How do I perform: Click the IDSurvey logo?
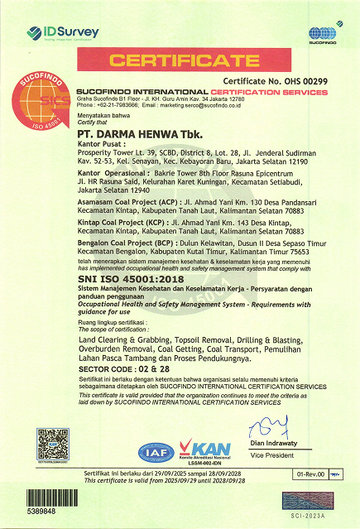pyautogui.click(x=63, y=33)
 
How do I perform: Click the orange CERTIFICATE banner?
pyautogui.click(x=180, y=60)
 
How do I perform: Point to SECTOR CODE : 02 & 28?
pyautogui.click(x=120, y=366)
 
